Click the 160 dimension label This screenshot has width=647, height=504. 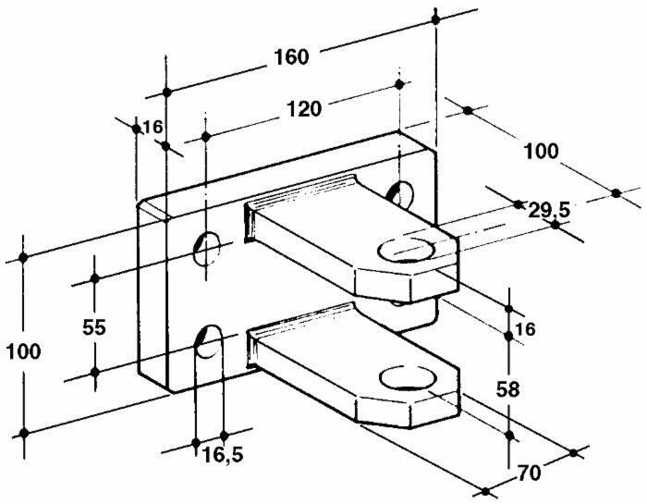point(291,57)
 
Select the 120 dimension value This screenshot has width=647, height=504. point(304,109)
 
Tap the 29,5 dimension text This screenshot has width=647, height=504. point(549,211)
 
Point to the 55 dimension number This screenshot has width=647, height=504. point(94,327)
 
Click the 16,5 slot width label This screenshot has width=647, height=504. point(223,455)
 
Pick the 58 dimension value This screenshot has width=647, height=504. point(507,388)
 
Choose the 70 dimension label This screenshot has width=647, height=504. point(529,473)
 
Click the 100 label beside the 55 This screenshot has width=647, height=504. point(23,351)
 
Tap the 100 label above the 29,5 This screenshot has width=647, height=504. point(541,152)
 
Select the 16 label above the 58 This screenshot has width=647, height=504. point(525,329)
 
